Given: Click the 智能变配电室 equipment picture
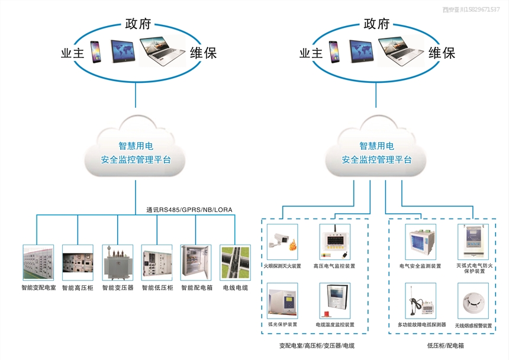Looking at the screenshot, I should [x=38, y=262].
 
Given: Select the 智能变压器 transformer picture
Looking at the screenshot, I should [x=117, y=262].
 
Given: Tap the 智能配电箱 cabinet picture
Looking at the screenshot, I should [x=196, y=262].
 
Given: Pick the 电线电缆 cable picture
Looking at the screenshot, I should [x=234, y=262].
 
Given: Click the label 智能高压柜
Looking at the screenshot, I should [x=78, y=288].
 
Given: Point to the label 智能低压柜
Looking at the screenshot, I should [x=157, y=288].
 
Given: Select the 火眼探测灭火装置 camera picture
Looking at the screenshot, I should [x=282, y=242].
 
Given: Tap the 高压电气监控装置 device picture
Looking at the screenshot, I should [x=334, y=242].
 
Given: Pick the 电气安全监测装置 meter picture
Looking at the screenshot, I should [x=420, y=242].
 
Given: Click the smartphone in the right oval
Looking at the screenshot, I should [x=334, y=52].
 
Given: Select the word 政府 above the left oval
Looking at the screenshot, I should [x=138, y=24].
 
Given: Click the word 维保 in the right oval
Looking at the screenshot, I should [x=442, y=53].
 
